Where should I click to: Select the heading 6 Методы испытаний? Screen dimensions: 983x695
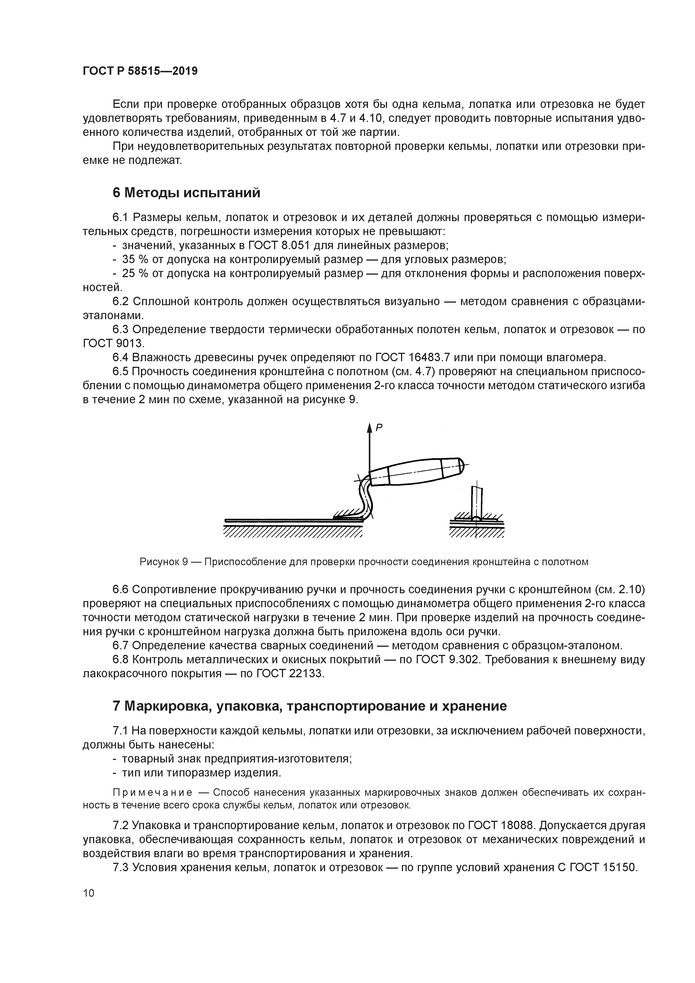click(x=186, y=193)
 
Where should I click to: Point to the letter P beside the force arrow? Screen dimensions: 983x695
click(x=379, y=427)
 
